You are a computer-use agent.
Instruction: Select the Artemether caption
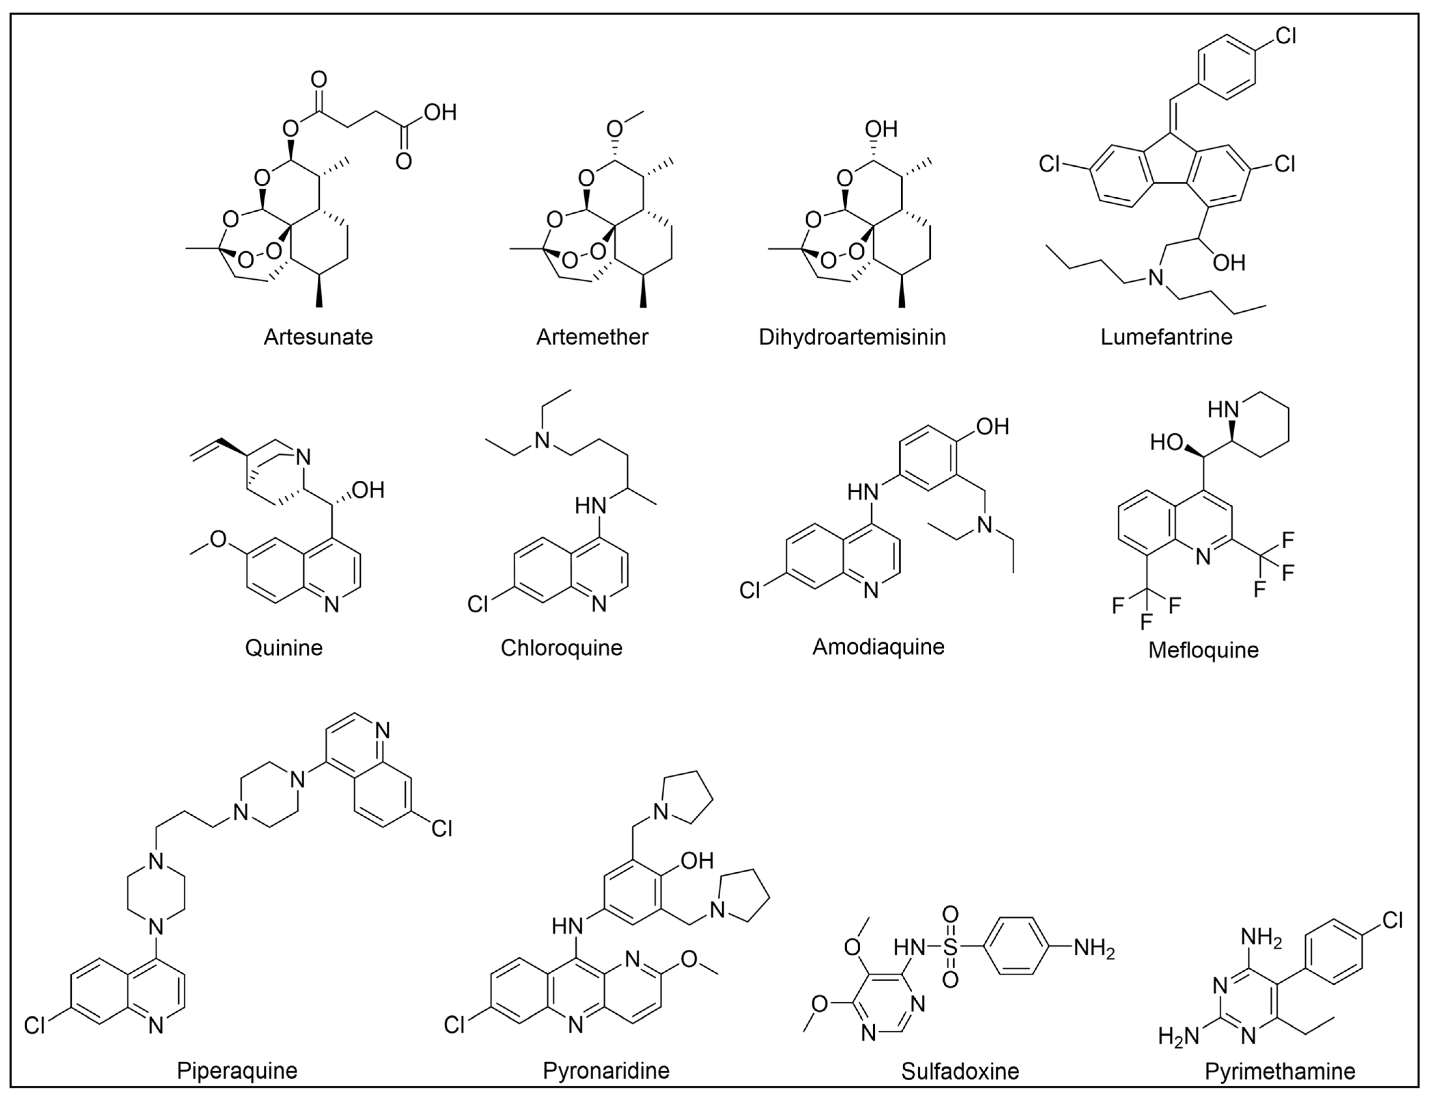592,337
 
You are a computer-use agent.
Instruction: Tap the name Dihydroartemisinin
852,337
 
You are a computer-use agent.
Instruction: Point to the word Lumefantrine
1166,337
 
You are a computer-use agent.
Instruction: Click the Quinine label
283,648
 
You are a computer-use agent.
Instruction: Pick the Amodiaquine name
878,646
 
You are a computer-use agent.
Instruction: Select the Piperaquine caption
237,1071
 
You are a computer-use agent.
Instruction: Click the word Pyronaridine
606,1071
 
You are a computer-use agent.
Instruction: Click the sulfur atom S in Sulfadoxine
951,947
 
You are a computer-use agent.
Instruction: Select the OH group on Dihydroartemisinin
881,129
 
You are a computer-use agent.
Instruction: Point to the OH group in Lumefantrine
1229,263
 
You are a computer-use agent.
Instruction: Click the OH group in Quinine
369,490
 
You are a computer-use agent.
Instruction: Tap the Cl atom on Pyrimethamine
1392,921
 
